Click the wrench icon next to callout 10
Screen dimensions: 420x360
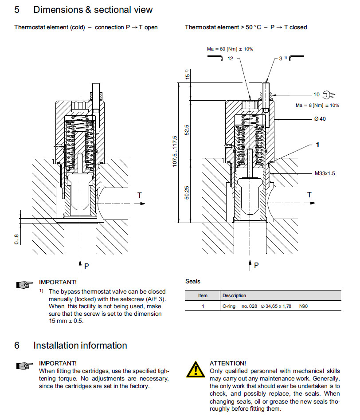[x=329, y=94]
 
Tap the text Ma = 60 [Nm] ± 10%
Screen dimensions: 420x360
[x=230, y=49]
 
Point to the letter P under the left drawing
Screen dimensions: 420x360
[x=86, y=266]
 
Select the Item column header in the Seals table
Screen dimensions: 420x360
[x=203, y=295]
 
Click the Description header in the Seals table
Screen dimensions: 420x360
[x=234, y=295]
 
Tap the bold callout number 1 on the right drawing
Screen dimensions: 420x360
[x=317, y=145]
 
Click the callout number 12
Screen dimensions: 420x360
[x=230, y=58]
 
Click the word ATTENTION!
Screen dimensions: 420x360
[x=227, y=363]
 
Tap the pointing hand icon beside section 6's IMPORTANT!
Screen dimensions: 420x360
[x=25, y=366]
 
